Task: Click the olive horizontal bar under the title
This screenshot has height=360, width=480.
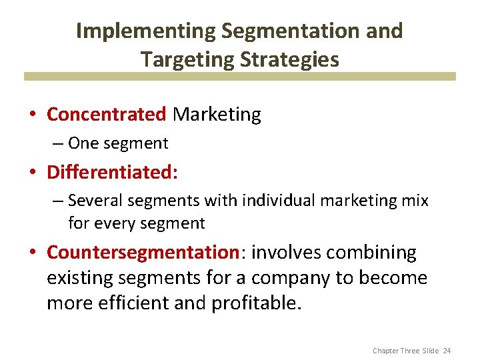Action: (240, 77)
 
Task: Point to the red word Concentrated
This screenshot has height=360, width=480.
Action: (106, 115)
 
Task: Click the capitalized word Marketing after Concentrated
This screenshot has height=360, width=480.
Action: (217, 115)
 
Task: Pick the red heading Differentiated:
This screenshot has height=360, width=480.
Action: (112, 172)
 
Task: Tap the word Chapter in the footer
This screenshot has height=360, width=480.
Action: (386, 351)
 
